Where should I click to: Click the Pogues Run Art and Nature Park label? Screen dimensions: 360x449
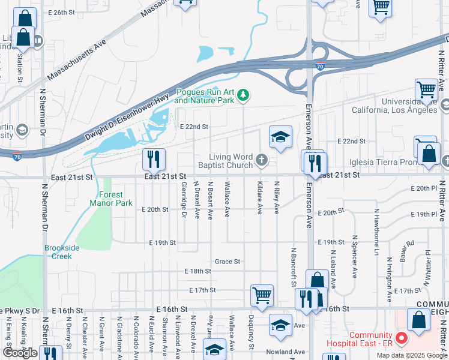pos(204,97)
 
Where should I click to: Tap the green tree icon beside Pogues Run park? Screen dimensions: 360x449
pos(243,94)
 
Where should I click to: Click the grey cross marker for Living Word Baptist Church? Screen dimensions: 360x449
pos(261,160)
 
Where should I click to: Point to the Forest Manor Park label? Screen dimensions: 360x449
pos(111,199)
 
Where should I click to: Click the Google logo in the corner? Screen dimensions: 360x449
pos(20,353)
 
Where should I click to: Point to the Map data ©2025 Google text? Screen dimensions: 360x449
pos(411,355)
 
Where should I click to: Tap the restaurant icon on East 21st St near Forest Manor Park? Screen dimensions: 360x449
pos(154,159)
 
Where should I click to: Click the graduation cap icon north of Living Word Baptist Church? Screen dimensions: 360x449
pos(280,137)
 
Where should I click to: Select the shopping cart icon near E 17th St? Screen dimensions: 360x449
pos(262,295)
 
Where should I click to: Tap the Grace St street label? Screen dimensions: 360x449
pos(228,262)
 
